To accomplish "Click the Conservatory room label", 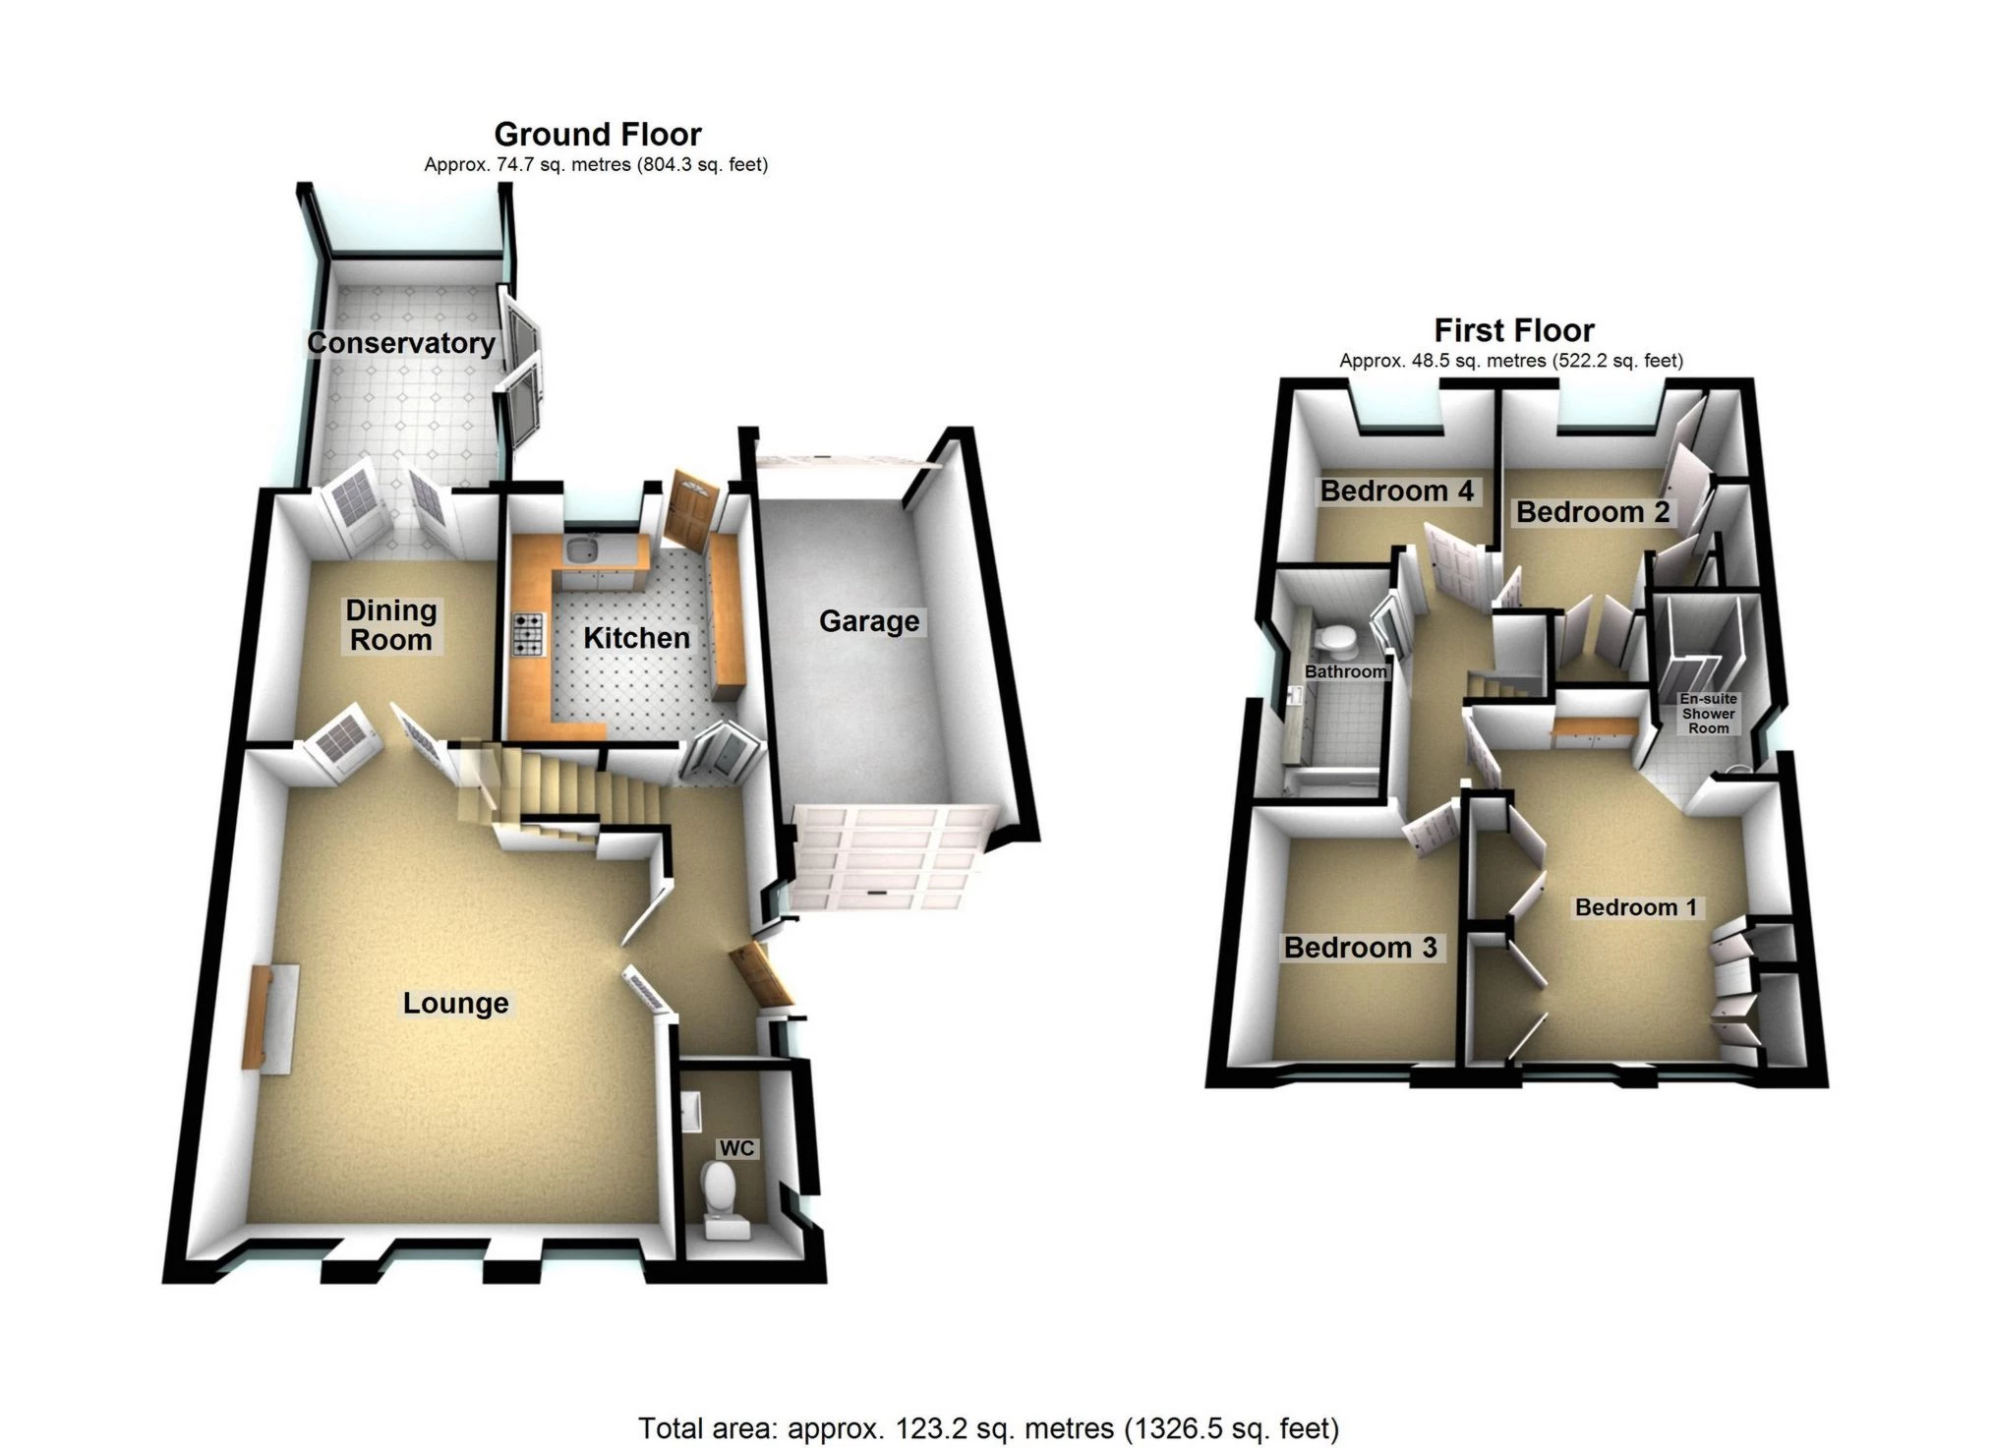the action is (401, 343).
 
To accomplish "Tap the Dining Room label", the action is (391, 625).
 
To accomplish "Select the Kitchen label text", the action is (636, 638).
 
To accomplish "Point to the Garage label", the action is (869, 621).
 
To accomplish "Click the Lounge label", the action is (456, 1003).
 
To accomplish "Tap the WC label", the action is (737, 1148).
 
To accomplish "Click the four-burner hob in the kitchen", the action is (528, 634).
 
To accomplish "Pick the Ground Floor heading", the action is (598, 134).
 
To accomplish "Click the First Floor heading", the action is (1514, 329).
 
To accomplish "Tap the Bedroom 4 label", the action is (1397, 492).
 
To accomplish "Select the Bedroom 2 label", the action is (1593, 512).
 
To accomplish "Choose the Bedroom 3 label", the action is (1361, 948).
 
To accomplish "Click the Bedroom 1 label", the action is (1636, 907).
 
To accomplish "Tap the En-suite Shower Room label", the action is (1709, 714).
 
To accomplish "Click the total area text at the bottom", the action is (989, 1427).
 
